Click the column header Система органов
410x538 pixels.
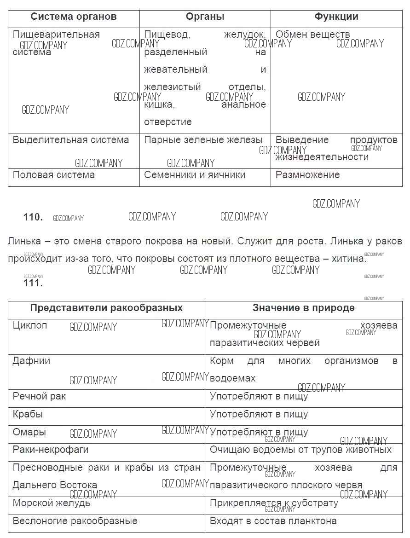(74, 17)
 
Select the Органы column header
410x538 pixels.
(205, 17)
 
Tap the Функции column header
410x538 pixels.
(336, 17)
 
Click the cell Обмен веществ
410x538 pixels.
(312, 35)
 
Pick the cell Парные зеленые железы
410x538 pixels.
(203, 140)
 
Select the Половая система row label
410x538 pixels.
(54, 175)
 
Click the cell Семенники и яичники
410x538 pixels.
(195, 175)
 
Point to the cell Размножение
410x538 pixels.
(307, 175)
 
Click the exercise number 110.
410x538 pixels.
(33, 218)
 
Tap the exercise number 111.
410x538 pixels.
(33, 283)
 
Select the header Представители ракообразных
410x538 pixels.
(106, 308)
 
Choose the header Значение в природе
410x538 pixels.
(303, 308)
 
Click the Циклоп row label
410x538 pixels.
(30, 325)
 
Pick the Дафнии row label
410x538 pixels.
(31, 361)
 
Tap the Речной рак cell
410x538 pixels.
(39, 396)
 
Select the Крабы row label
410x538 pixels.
(28, 414)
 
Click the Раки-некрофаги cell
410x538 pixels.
(51, 450)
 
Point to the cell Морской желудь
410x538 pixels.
(51, 503)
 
